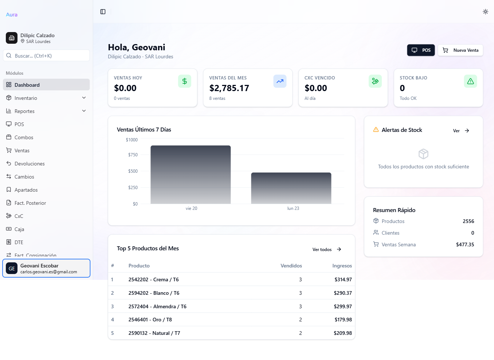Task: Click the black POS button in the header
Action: [x=421, y=50]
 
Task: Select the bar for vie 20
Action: [x=191, y=175]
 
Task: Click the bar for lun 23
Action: [x=291, y=188]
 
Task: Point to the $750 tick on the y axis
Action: [x=133, y=155]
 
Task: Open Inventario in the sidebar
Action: [x=26, y=98]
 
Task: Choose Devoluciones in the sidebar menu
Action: [x=30, y=164]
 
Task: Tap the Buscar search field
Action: [x=46, y=56]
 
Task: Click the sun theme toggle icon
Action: [x=485, y=12]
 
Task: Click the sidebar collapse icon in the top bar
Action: [x=103, y=12]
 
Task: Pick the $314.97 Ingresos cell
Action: [x=343, y=279]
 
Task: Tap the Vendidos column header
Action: [x=291, y=266]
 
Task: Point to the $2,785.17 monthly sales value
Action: [x=229, y=88]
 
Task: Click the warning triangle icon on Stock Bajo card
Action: [x=470, y=81]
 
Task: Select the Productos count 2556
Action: [x=468, y=221]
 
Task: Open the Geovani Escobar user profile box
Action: [x=46, y=268]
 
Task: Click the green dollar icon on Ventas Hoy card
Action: [x=185, y=81]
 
